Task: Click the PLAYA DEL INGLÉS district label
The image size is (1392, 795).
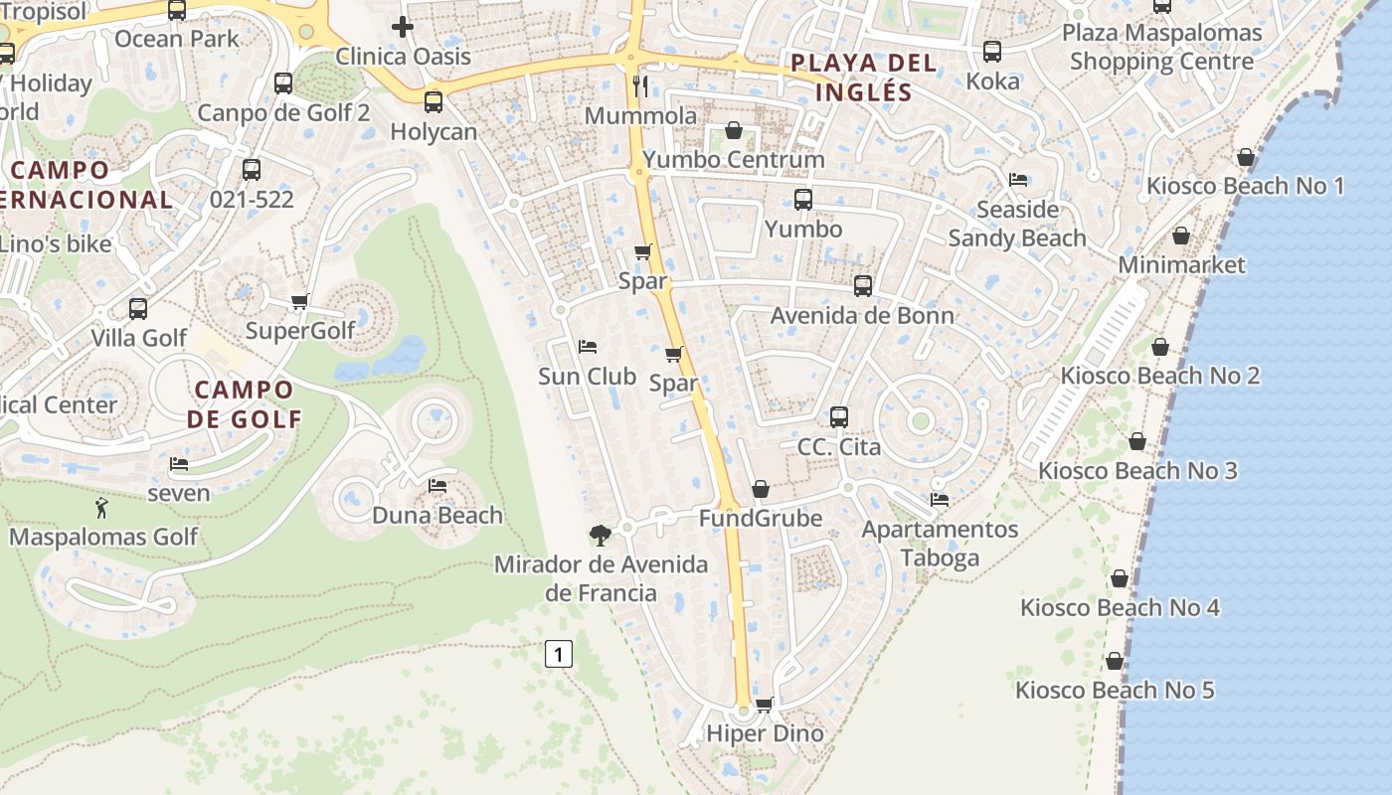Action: tap(863, 78)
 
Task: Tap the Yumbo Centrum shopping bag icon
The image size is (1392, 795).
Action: tap(734, 130)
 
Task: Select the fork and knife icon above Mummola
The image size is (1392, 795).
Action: tap(640, 86)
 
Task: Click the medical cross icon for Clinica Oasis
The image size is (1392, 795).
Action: tap(402, 27)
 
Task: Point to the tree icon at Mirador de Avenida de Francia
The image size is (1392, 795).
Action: tap(600, 536)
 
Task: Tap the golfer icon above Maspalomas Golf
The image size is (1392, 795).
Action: tap(101, 509)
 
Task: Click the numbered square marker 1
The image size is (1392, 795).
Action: tap(560, 654)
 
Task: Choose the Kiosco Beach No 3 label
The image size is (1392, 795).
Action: tap(1137, 470)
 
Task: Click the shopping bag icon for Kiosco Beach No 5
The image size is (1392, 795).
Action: tap(1115, 661)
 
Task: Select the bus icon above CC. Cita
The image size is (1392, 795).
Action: tap(839, 417)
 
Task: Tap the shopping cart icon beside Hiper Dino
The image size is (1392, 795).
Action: tap(764, 705)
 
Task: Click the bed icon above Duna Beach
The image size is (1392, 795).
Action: tap(436, 486)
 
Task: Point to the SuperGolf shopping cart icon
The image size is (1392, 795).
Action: tap(299, 301)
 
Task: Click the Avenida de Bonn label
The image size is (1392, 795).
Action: tap(862, 316)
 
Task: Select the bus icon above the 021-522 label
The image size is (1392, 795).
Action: tap(252, 170)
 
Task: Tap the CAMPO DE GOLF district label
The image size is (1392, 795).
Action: tap(244, 403)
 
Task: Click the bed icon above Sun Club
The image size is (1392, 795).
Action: tap(588, 347)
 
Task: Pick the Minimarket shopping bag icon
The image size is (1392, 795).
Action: tap(1181, 236)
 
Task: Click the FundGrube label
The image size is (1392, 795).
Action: tap(761, 519)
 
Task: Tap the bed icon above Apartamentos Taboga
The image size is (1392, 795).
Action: tap(940, 499)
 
